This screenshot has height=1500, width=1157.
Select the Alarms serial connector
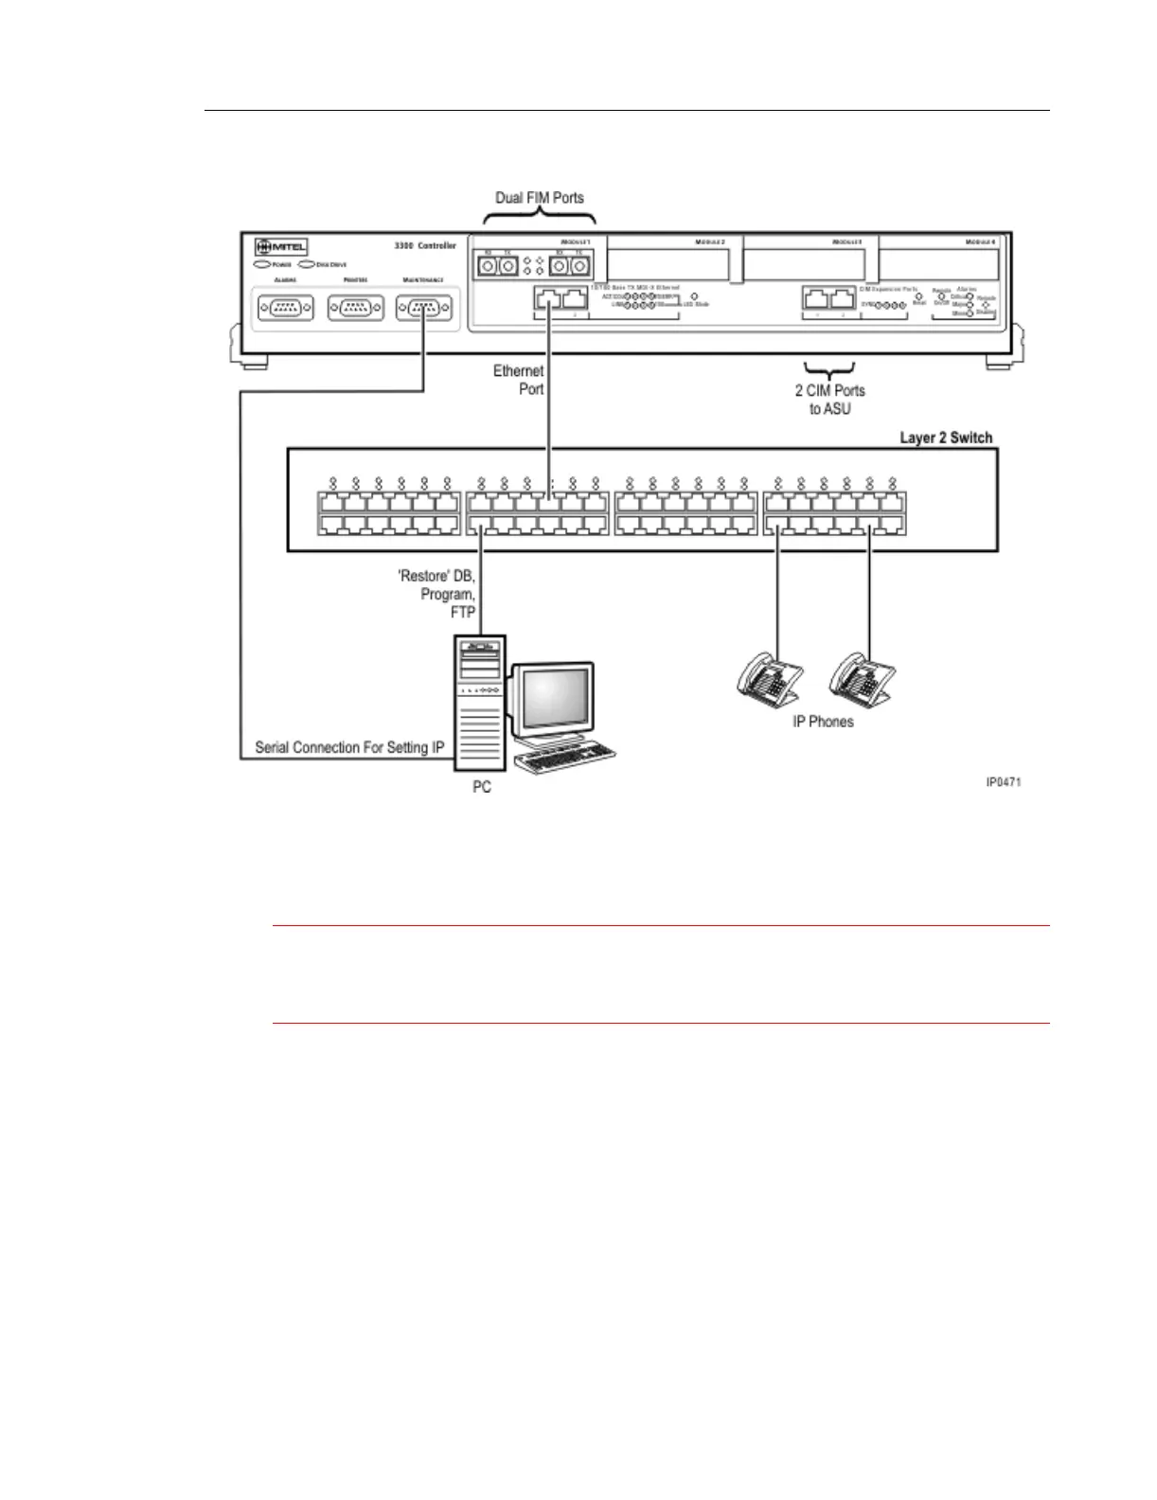(285, 309)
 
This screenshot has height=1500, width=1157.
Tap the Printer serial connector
(355, 309)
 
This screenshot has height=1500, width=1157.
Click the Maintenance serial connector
(423, 309)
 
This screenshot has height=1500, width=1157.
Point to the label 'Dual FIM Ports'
(540, 198)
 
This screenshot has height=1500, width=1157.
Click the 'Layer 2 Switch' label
(946, 437)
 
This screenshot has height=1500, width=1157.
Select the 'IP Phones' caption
(823, 722)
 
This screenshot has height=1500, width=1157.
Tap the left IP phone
(770, 678)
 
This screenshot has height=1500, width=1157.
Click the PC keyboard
(564, 759)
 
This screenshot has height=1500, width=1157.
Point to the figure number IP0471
(1003, 782)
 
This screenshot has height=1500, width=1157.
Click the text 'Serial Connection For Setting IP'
(349, 748)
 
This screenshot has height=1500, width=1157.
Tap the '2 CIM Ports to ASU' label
(829, 400)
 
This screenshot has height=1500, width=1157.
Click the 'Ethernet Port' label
(519, 380)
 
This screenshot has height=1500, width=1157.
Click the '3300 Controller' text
(425, 246)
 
